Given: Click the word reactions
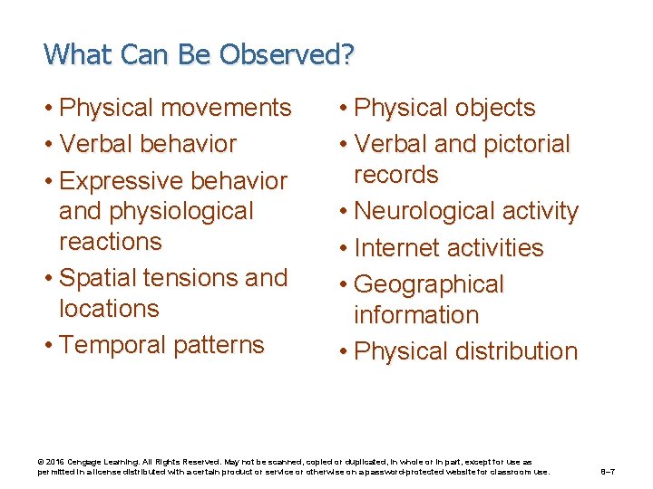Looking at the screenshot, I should click(x=110, y=242).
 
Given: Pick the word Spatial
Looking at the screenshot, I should click(x=102, y=278).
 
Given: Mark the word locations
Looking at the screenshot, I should click(x=109, y=309).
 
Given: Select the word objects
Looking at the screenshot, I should click(x=484, y=108).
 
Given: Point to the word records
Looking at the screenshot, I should click(x=396, y=175).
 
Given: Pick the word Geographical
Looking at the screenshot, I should click(x=428, y=284).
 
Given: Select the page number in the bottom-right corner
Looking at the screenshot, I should click(x=610, y=472).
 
